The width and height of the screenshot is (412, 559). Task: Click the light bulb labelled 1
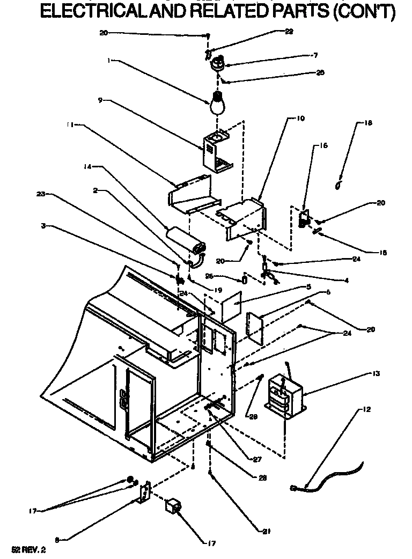coord(217,102)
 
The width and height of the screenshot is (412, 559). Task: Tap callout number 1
coord(109,61)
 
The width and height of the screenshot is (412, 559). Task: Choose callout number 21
coord(266,532)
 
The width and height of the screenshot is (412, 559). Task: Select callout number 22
coord(289,32)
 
